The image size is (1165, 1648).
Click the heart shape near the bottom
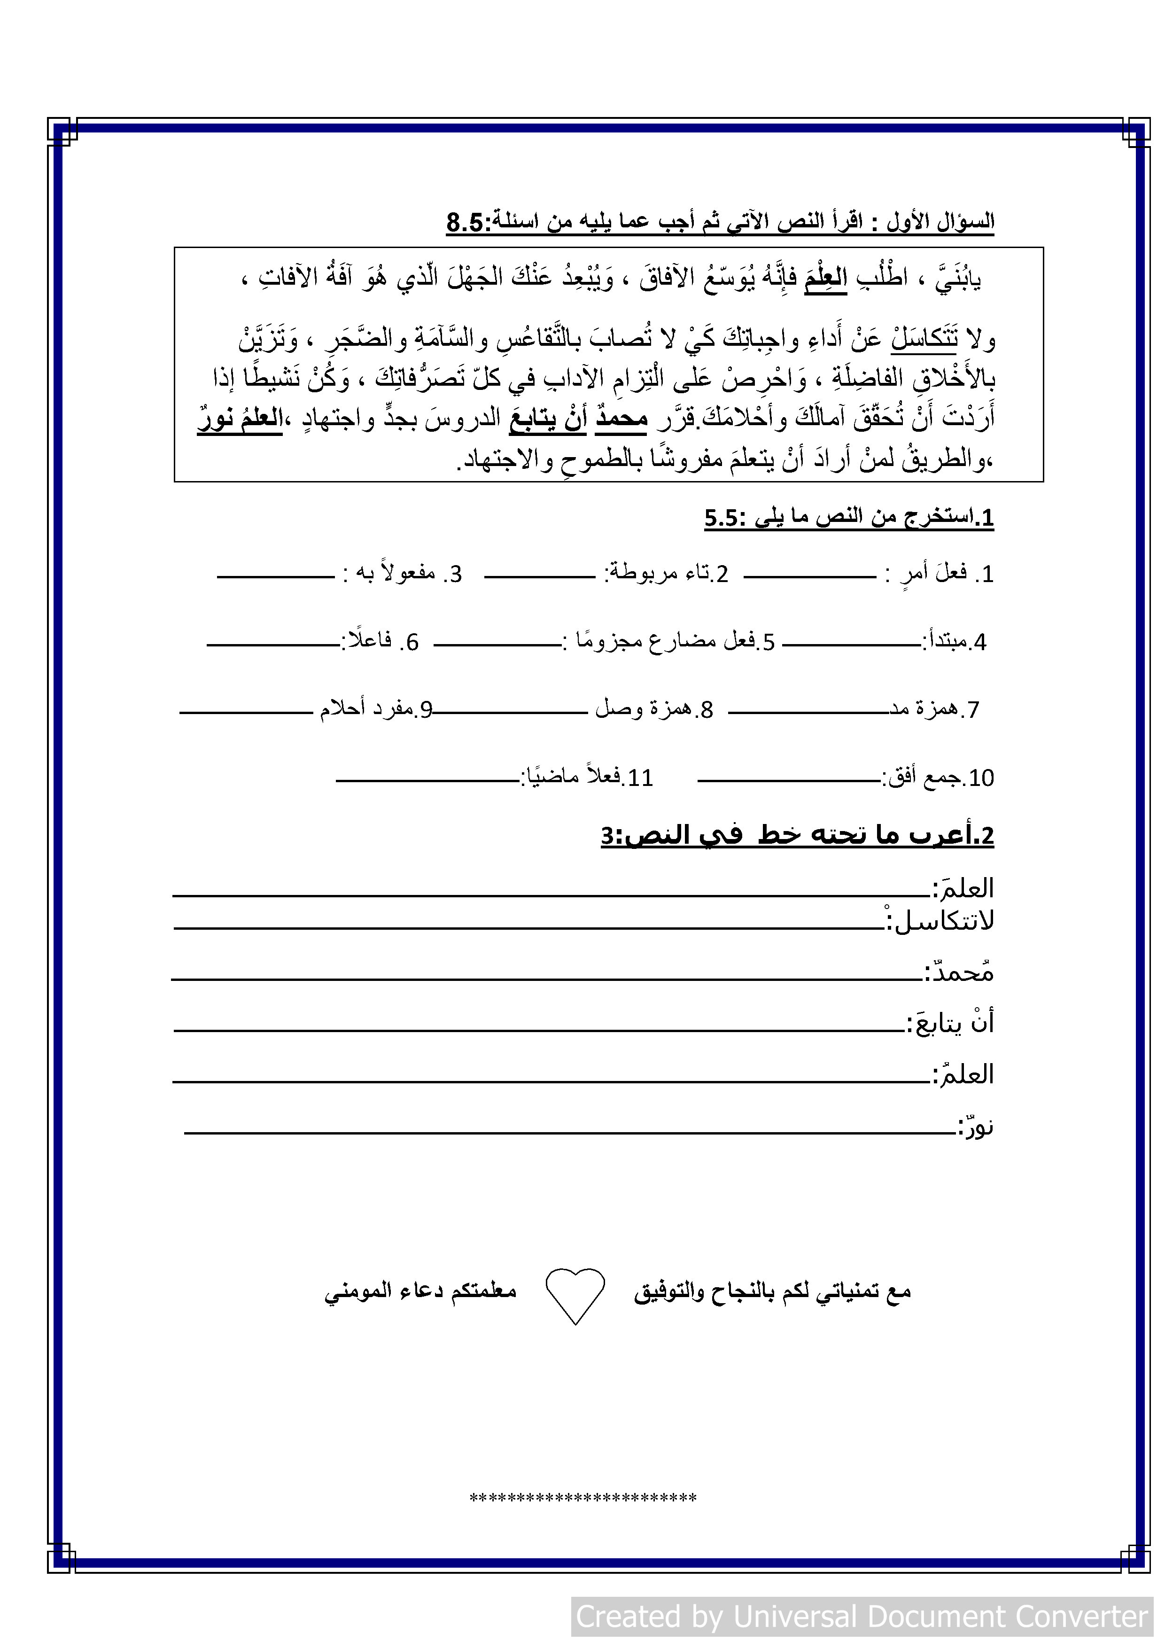click(x=575, y=1293)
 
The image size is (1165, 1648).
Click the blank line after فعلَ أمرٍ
click(x=810, y=576)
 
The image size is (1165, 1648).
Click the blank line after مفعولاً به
click(x=276, y=576)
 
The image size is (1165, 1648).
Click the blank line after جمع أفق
click(x=789, y=780)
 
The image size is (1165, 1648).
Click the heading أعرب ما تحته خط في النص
click(x=797, y=835)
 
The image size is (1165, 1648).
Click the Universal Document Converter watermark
click(x=862, y=1617)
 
